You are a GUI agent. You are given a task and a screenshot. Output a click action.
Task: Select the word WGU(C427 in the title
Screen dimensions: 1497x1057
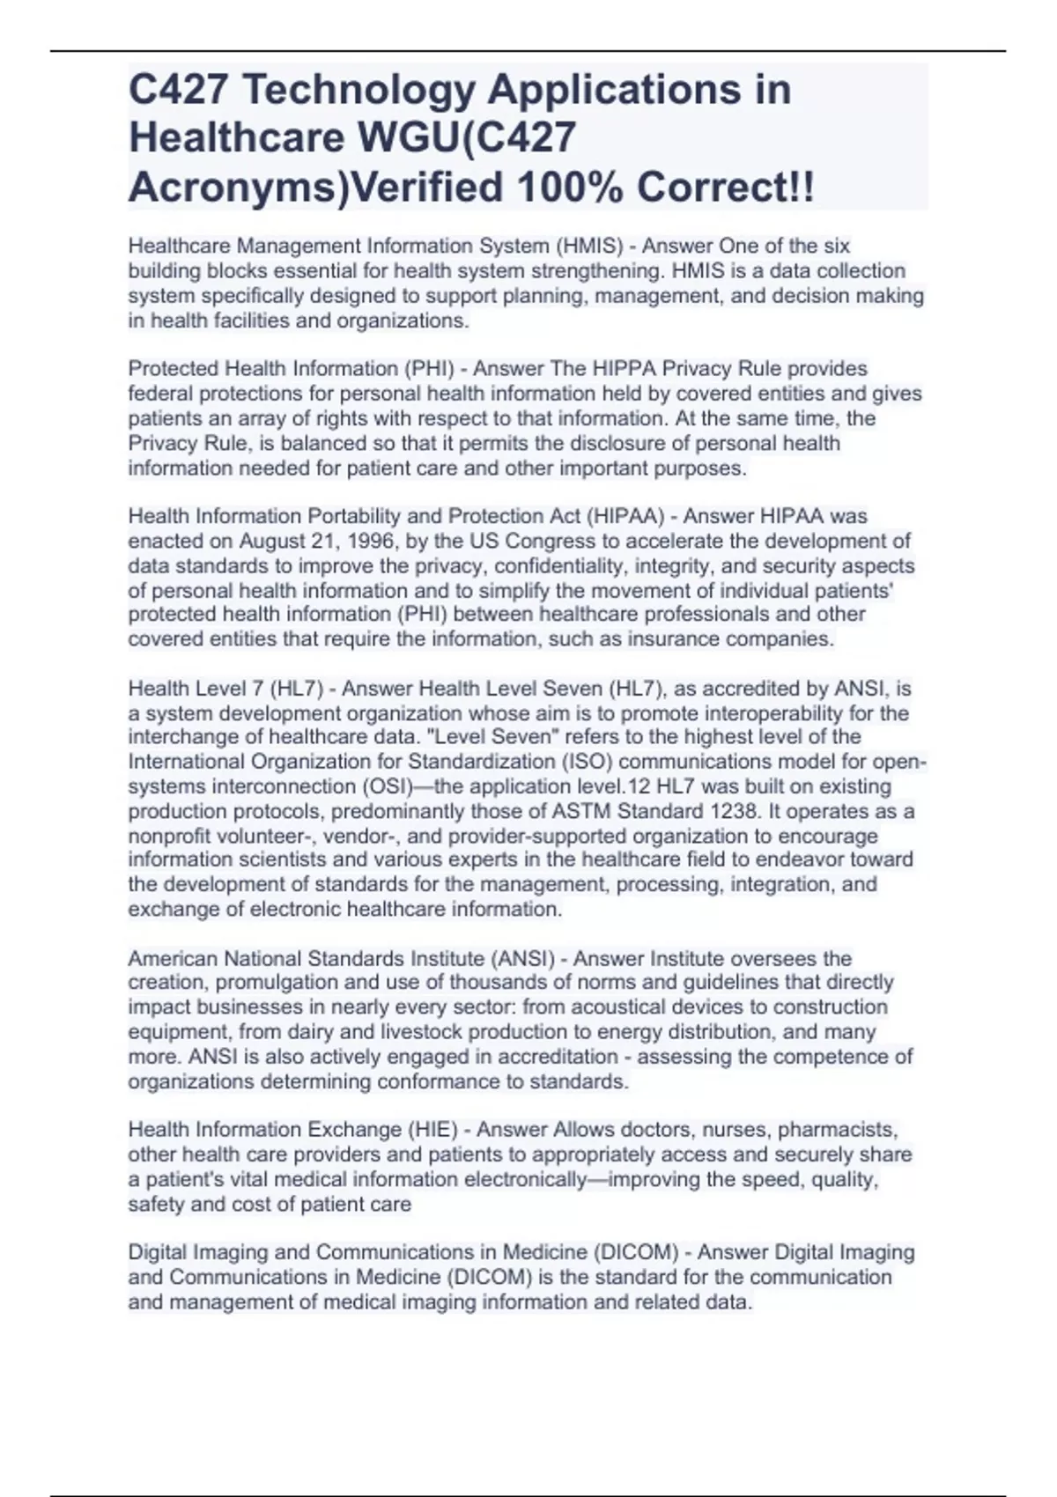[x=468, y=138]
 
